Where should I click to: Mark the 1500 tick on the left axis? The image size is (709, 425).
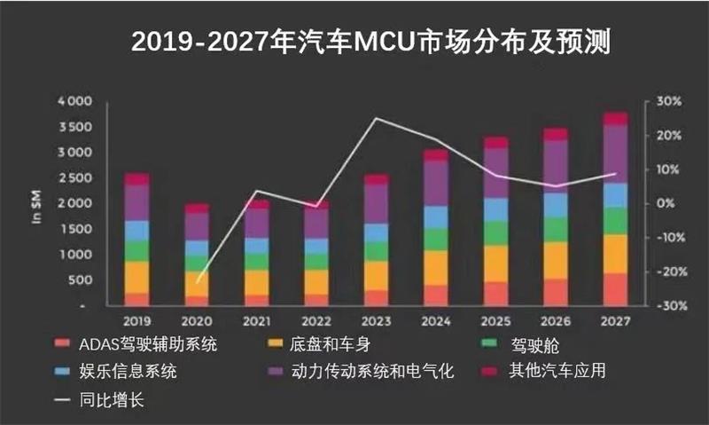(x=75, y=230)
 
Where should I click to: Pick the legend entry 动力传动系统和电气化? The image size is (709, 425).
(x=368, y=371)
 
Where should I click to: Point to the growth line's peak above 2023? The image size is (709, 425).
(x=377, y=119)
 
